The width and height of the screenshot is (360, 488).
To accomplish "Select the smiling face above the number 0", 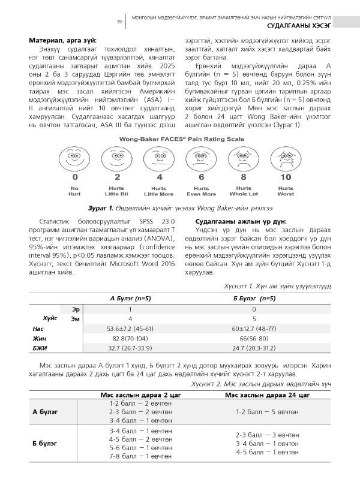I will tap(75, 159).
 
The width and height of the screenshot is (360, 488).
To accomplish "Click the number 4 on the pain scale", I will tap(159, 177).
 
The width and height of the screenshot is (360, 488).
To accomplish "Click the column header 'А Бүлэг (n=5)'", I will tap(130, 297).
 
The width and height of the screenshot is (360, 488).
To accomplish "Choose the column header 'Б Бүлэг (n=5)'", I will tap(254, 297).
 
